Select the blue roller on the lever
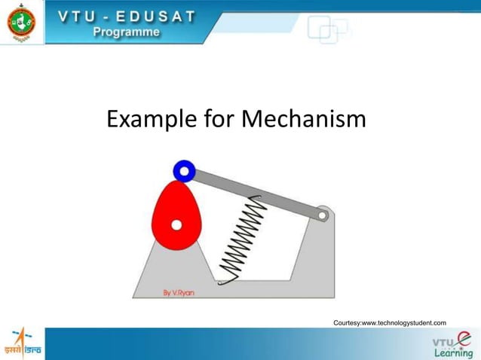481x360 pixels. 184,171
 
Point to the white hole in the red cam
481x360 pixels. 176,224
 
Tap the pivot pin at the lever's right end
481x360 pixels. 322,215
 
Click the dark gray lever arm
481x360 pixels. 256,194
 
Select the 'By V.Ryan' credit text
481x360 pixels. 179,292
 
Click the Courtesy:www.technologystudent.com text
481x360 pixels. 389,322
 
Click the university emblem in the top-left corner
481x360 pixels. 21,22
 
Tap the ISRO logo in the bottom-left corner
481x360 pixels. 22,343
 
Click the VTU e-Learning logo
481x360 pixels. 452,344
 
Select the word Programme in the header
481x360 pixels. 126,32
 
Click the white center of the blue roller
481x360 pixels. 184,171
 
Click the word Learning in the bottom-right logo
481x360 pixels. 453,353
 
